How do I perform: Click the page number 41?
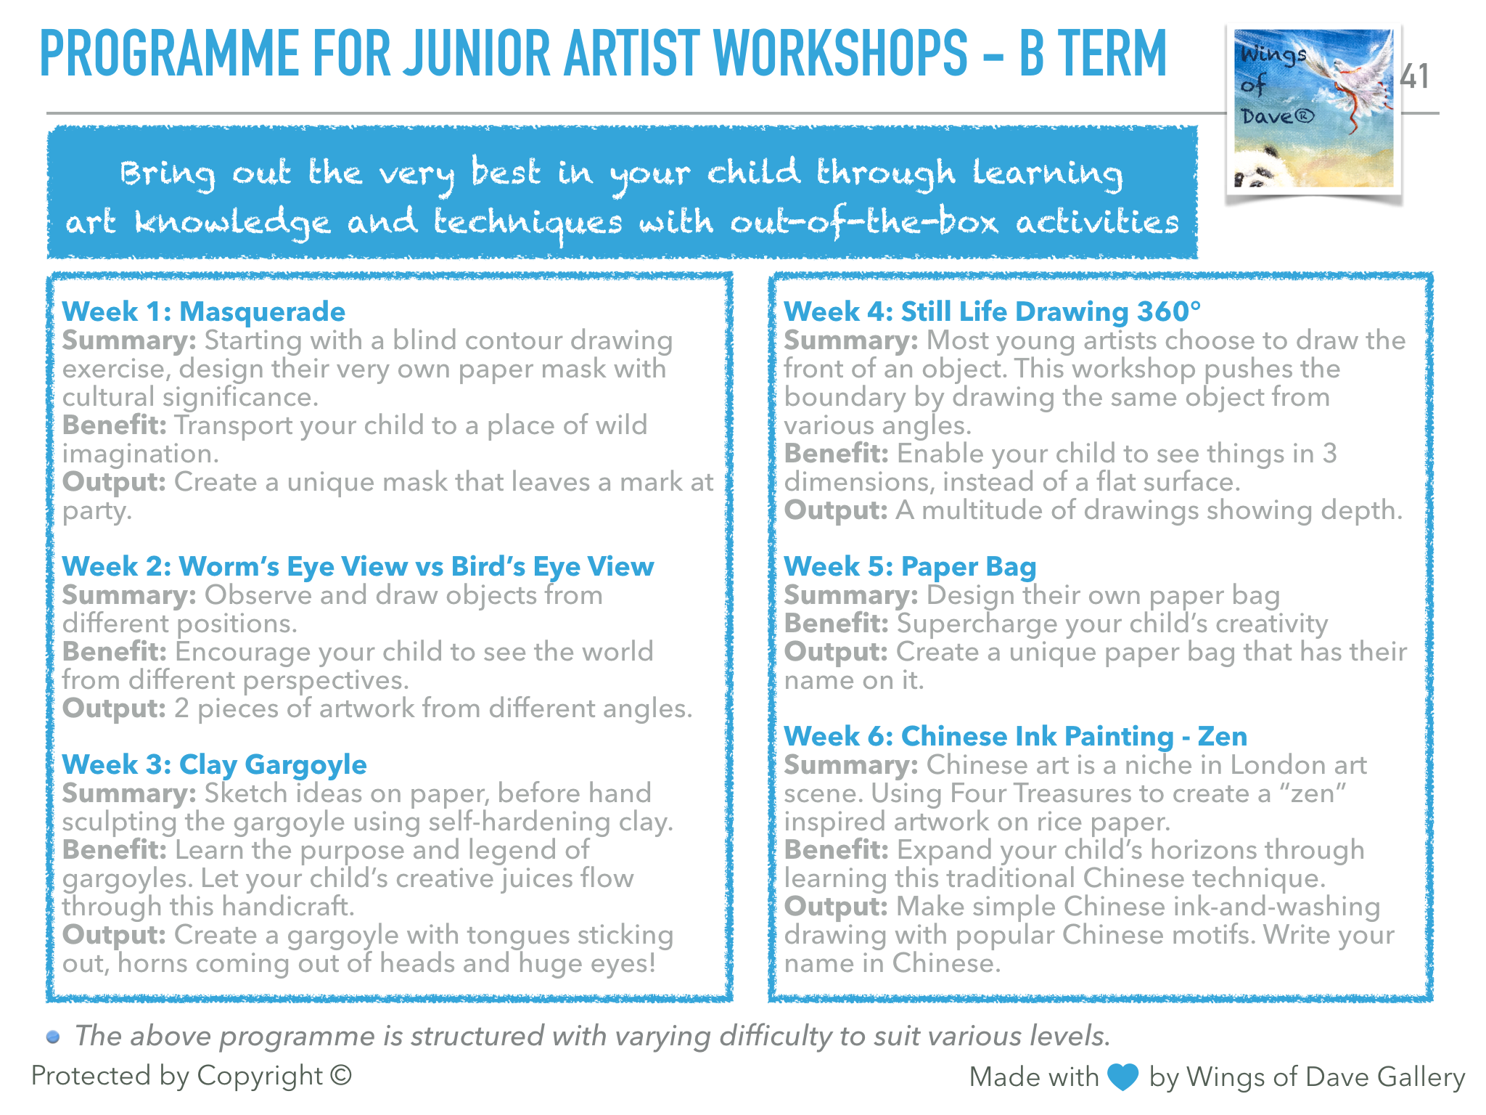[x=1414, y=76]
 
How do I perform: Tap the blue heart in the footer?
[x=1124, y=1077]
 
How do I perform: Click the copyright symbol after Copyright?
[x=341, y=1075]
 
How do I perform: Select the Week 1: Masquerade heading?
[x=204, y=311]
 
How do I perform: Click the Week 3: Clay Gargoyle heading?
[x=215, y=764]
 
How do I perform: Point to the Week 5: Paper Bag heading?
[x=910, y=566]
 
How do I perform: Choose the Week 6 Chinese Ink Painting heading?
[x=1015, y=736]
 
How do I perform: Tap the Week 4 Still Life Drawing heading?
[x=992, y=311]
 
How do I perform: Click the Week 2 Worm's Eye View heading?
[x=358, y=566]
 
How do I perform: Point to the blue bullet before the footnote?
[x=53, y=1037]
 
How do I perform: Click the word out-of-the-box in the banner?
[x=864, y=222]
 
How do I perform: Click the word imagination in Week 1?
[x=140, y=454]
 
